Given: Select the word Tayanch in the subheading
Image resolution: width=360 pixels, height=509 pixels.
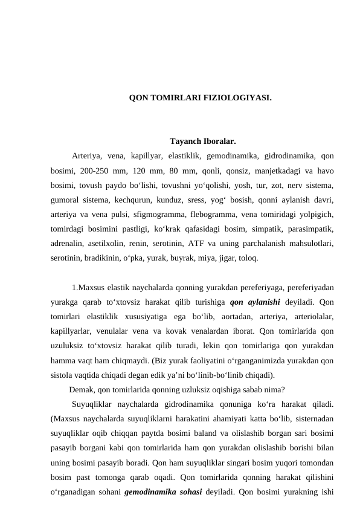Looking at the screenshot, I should [x=185, y=142].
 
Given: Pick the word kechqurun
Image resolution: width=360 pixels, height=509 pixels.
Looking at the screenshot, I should [x=137, y=199].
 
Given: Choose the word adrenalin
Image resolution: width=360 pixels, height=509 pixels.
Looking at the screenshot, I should [x=71, y=243].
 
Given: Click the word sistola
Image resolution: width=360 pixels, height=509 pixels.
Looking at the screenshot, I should [x=65, y=374].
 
